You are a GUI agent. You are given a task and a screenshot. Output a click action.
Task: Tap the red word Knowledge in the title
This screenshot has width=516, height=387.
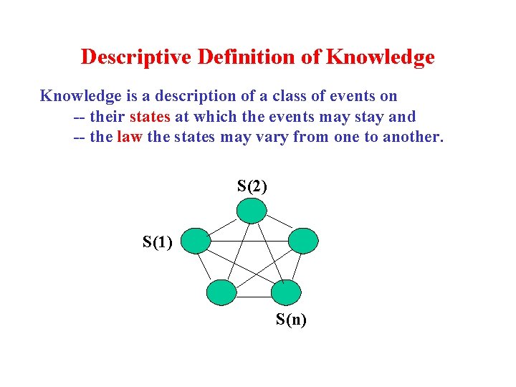(380, 57)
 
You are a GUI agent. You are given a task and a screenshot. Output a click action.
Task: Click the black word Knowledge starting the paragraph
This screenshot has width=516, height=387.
(80, 96)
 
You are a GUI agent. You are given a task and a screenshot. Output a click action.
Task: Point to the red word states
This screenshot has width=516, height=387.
(150, 116)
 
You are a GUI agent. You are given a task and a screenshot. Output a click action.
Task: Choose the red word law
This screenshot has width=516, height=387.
(129, 136)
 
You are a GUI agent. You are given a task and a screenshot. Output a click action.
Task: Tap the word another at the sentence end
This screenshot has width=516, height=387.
(414, 136)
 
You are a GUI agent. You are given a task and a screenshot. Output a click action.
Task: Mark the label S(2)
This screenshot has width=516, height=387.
(252, 186)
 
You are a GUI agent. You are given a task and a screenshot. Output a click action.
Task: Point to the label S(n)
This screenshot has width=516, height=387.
(291, 320)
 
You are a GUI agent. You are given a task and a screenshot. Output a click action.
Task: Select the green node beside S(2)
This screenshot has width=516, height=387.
(252, 211)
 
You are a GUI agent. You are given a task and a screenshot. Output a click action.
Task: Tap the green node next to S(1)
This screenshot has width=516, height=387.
(196, 242)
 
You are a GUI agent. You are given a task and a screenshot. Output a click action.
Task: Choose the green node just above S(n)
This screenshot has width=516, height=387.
(287, 292)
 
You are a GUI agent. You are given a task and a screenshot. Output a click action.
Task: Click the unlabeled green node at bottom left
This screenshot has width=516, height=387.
(221, 292)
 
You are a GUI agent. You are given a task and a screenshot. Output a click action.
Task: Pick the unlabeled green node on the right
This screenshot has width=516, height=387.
(303, 241)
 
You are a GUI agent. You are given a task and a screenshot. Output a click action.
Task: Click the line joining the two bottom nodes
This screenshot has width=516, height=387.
(254, 296)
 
